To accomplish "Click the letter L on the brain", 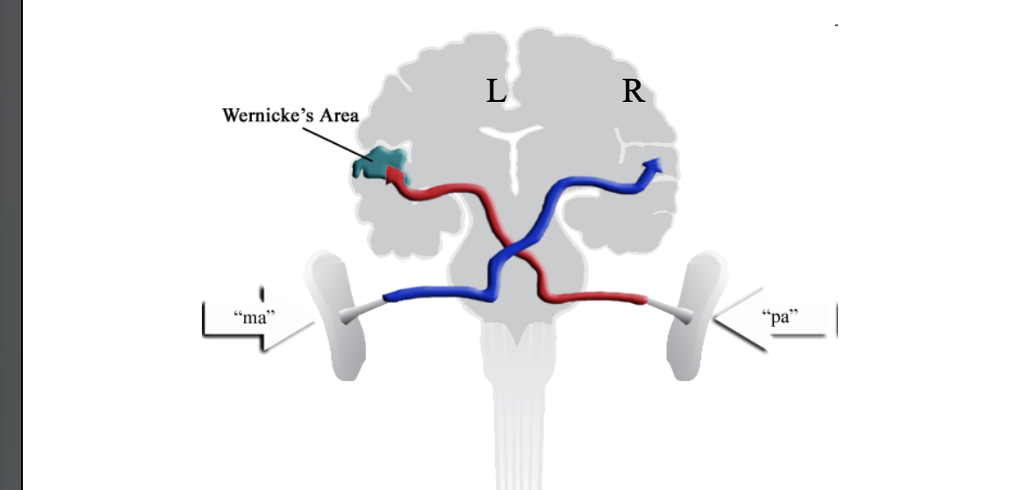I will pos(497,91).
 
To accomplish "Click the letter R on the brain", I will pos(633,91).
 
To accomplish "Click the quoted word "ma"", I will pos(254,316).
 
